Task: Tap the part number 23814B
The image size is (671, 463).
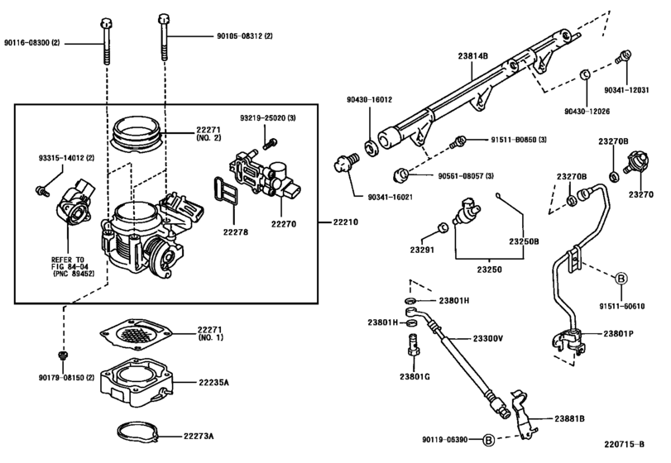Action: click(x=473, y=56)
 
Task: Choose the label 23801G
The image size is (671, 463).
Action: click(x=415, y=375)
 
